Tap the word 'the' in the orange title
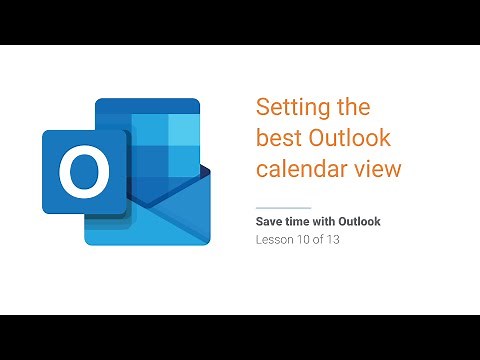click(351, 108)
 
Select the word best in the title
click(279, 138)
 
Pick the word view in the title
click(378, 169)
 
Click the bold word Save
click(272, 220)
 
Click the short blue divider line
click(277, 207)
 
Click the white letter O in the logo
click(83, 175)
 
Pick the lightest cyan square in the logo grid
click(180, 132)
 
